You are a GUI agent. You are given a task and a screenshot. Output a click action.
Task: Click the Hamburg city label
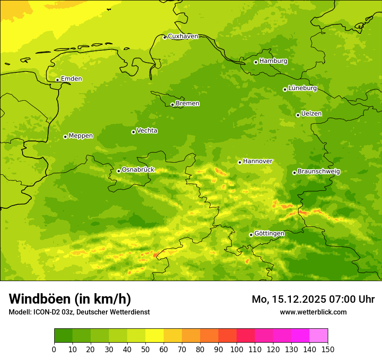pyautogui.click(x=273, y=61)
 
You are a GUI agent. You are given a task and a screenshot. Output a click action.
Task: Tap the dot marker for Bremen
pyautogui.click(x=172, y=105)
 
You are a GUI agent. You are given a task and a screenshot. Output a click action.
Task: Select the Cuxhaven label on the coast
pyautogui.click(x=183, y=36)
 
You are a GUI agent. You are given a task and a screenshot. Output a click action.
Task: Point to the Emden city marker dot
pyautogui.click(x=57, y=80)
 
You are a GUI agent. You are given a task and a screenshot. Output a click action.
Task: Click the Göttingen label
pyautogui.click(x=269, y=234)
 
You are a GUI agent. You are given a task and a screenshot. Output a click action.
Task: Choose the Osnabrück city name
pyautogui.click(x=138, y=170)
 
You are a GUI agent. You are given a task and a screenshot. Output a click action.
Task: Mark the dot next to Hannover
pyautogui.click(x=240, y=162)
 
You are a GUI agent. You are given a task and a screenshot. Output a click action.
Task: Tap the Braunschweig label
pyautogui.click(x=319, y=172)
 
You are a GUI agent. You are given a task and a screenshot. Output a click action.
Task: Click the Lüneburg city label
pyautogui.click(x=303, y=88)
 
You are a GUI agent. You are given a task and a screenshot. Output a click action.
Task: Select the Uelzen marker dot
pyautogui.click(x=298, y=115)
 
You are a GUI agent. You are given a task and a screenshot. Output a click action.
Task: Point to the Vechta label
pyautogui.click(x=147, y=131)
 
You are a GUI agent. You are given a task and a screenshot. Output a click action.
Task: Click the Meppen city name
pyautogui.click(x=81, y=136)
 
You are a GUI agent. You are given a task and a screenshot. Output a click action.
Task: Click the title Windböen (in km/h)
pyautogui.click(x=69, y=299)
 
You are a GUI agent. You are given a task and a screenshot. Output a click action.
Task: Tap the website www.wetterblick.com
pyautogui.click(x=313, y=312)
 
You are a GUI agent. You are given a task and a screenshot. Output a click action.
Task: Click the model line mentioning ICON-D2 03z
pyautogui.click(x=79, y=312)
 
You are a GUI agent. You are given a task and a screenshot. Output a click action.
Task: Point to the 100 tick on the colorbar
pyautogui.click(x=237, y=349)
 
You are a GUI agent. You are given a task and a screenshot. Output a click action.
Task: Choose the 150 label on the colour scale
pyautogui.click(x=328, y=349)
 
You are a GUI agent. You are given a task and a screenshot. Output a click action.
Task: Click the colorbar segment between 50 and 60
pyautogui.click(x=155, y=336)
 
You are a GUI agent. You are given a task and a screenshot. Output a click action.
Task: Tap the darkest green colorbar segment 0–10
pyautogui.click(x=63, y=336)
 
